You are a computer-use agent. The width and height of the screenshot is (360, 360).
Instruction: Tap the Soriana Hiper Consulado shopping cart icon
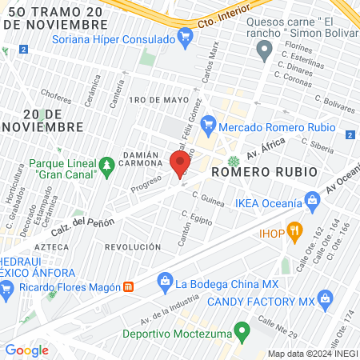[x=186, y=37]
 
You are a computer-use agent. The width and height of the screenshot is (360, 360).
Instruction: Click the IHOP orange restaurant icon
[x=294, y=233]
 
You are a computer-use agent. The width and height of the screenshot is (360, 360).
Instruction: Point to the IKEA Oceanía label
[x=268, y=202]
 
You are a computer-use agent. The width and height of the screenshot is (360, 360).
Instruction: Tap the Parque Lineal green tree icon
[x=106, y=166]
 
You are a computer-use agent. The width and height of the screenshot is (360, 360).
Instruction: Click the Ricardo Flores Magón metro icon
[x=128, y=286]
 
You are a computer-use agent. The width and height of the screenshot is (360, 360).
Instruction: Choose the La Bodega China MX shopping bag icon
[x=164, y=282]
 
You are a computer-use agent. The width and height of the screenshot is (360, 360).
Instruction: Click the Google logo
[x=26, y=350]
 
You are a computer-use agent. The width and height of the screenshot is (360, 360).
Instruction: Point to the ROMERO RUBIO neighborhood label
[x=252, y=172]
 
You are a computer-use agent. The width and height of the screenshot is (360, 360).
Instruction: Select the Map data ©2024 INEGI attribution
[x=311, y=354]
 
